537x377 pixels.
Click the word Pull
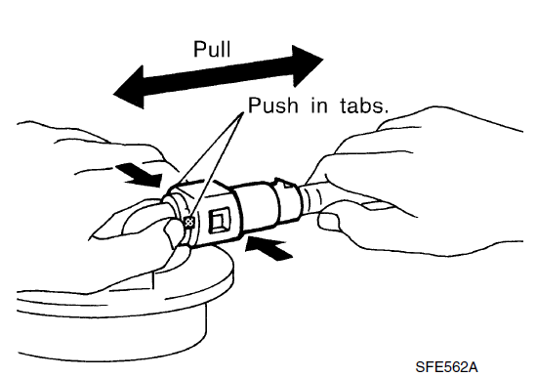click(212, 49)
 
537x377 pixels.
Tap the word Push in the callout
click(273, 105)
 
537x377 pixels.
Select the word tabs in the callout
click(364, 105)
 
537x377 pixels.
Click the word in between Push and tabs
click(319, 105)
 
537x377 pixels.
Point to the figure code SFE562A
click(446, 367)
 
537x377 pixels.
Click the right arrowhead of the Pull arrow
click(308, 65)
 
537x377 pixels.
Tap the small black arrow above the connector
click(142, 175)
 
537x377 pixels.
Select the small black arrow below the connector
click(268, 247)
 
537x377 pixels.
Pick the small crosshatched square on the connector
click(189, 223)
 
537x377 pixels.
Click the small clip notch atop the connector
click(284, 183)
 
